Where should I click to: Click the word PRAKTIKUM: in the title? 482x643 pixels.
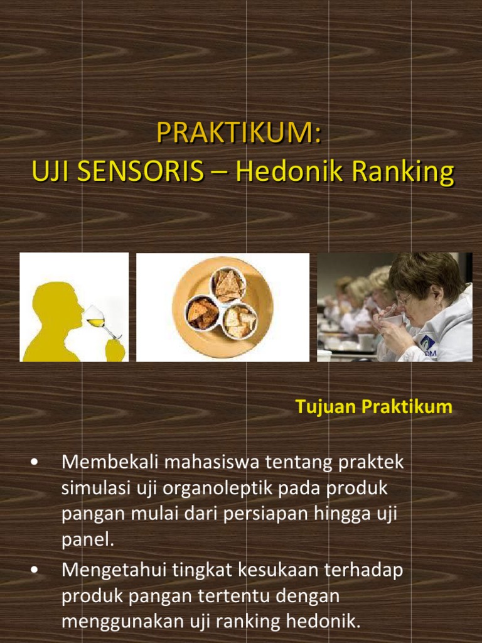(x=238, y=133)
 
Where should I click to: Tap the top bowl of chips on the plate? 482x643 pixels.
(x=228, y=285)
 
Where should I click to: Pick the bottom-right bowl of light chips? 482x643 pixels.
(x=240, y=321)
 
